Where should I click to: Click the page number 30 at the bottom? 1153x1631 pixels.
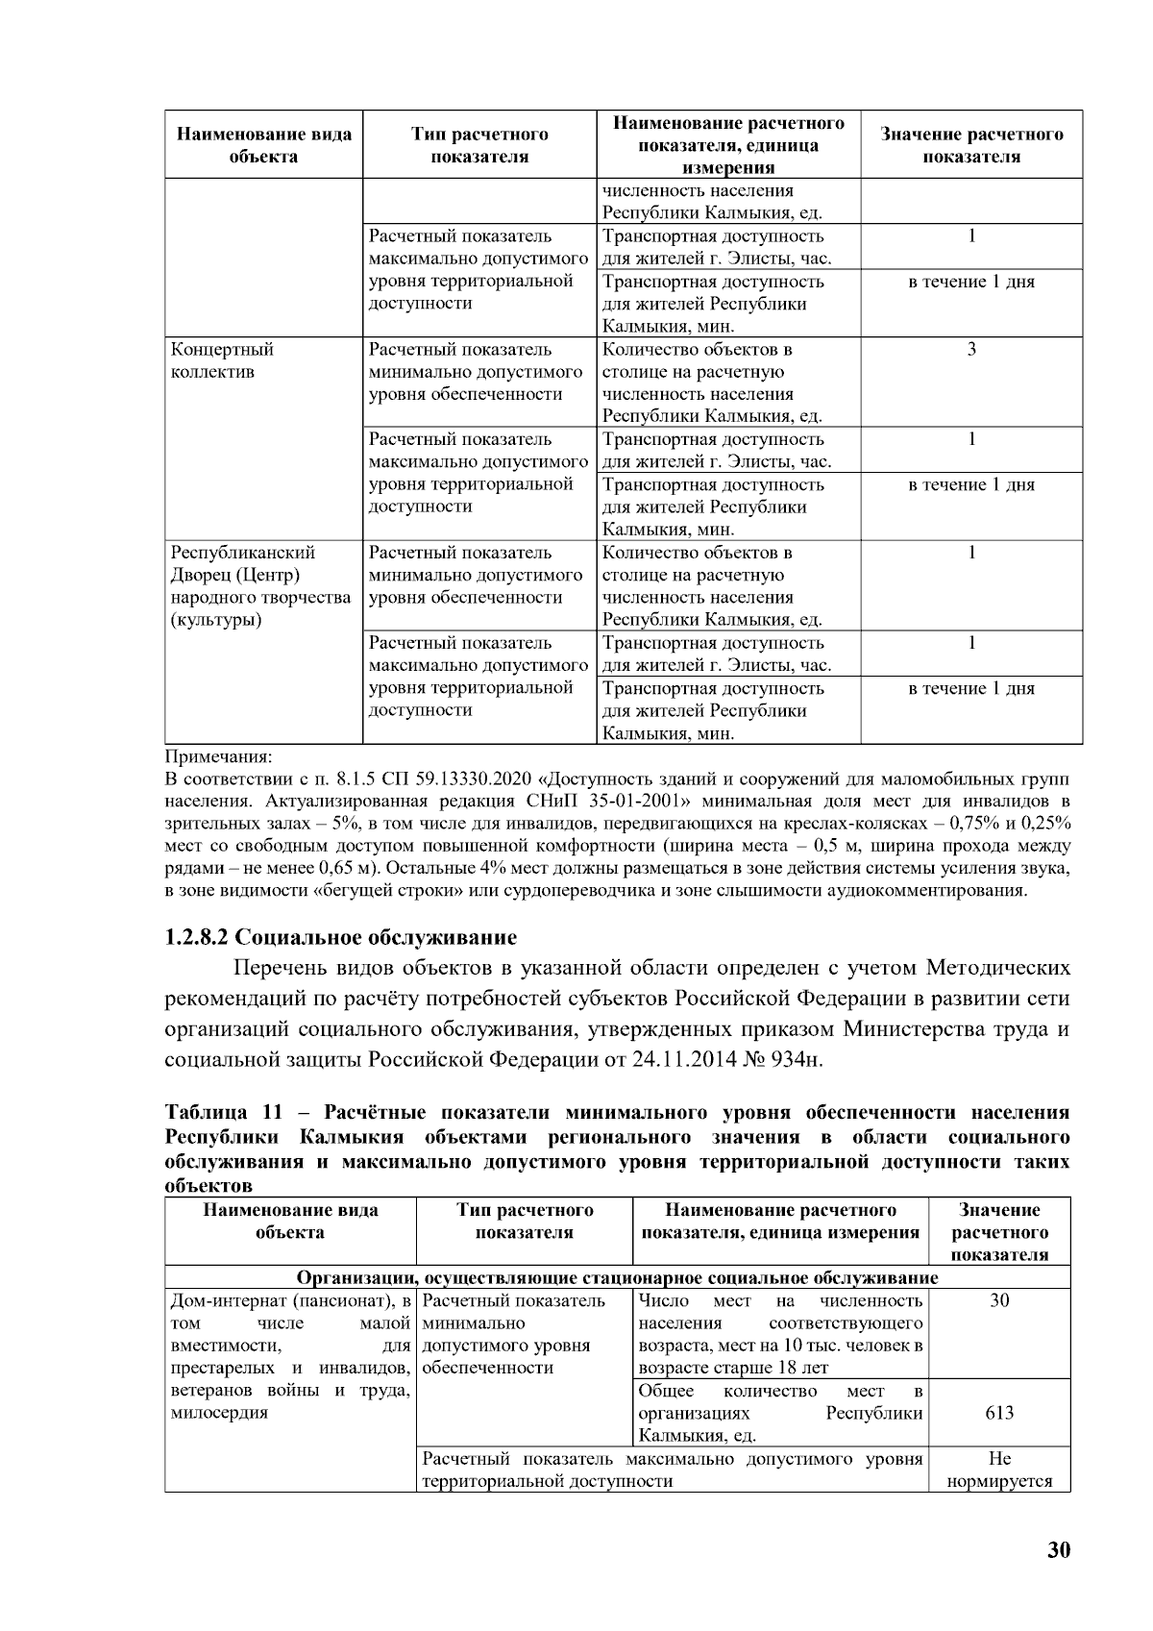pos(1058,1550)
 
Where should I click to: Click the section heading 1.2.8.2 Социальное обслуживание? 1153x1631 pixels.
pos(340,937)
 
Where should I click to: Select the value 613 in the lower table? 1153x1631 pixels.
pos(999,1413)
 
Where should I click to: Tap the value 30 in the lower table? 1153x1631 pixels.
pos(999,1301)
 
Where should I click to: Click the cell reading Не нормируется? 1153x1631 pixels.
pos(999,1470)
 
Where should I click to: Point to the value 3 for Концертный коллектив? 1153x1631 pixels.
pos(971,350)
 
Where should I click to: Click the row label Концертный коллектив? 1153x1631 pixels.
pos(222,360)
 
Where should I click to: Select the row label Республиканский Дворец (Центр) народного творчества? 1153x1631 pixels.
pos(259,585)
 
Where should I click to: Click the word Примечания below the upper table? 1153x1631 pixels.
pos(219,755)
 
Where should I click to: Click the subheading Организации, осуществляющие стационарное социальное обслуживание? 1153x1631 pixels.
pos(617,1277)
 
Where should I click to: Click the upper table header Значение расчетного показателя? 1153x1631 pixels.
pos(971,145)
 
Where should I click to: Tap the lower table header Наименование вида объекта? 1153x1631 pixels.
pos(290,1221)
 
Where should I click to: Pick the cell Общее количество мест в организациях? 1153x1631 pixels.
pos(780,1413)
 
